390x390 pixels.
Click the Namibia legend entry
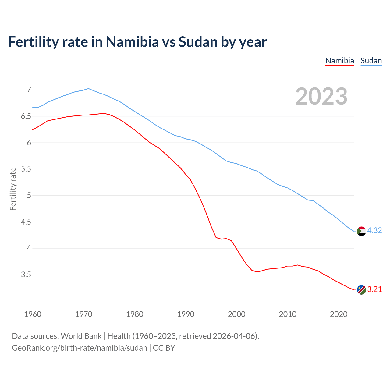(339, 61)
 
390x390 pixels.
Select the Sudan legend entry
(371, 61)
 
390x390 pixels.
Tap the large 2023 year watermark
(321, 96)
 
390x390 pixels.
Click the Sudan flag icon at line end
(361, 231)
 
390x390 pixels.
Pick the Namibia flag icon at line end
(361, 290)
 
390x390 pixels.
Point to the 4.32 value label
(374, 231)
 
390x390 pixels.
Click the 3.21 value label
(374, 289)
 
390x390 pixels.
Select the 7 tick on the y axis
(29, 90)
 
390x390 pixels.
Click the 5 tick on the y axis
(29, 196)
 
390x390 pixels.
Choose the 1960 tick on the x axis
(33, 314)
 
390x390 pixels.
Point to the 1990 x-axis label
(186, 314)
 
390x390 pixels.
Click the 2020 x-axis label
(339, 314)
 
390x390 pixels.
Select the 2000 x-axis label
(236, 314)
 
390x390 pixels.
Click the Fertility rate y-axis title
(13, 189)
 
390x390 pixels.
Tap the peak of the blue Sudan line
(88, 89)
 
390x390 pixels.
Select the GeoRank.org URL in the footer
(80, 348)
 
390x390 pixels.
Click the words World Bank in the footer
(81, 336)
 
